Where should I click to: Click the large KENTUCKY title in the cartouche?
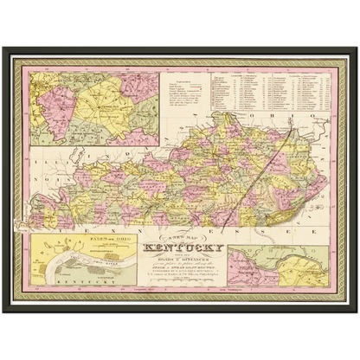(188, 254)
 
